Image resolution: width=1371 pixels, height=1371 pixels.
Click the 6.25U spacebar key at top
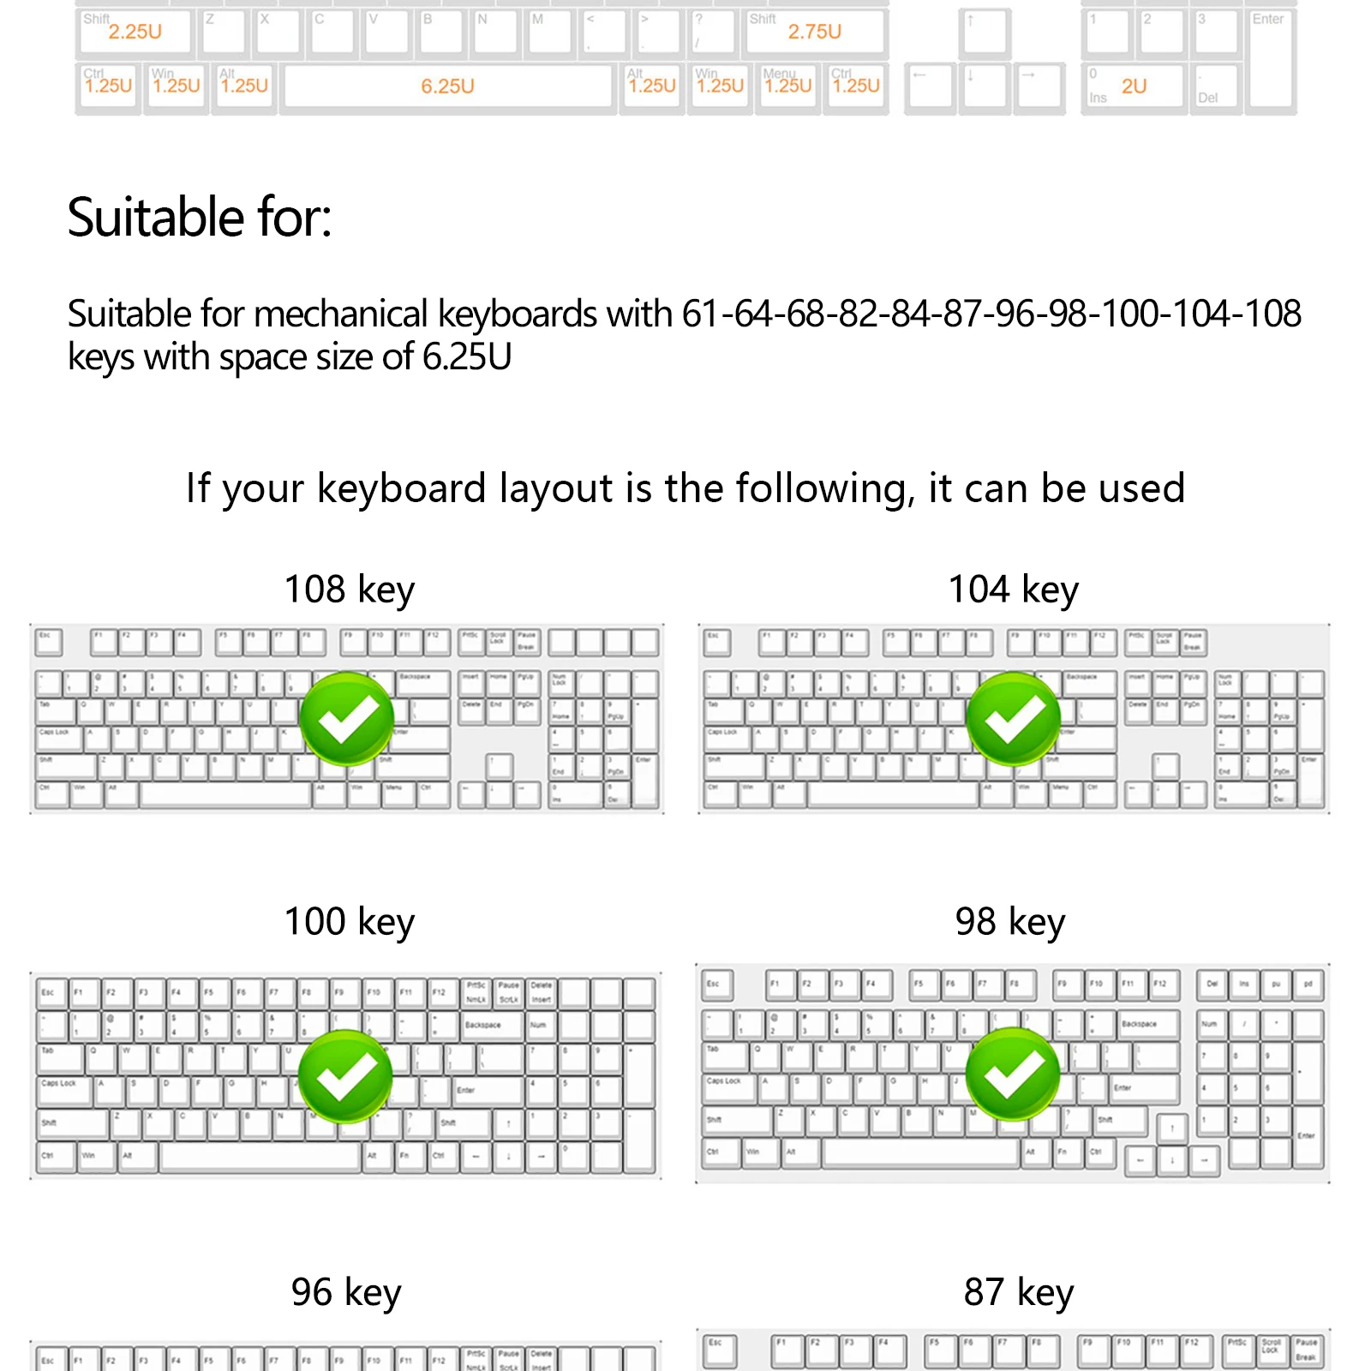[448, 87]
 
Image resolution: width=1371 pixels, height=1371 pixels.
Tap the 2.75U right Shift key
[814, 33]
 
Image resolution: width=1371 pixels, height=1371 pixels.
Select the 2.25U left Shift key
[135, 33]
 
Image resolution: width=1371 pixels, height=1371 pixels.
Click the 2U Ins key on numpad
[1133, 87]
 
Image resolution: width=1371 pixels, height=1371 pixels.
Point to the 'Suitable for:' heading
[199, 218]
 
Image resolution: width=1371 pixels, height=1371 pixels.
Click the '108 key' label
[349, 590]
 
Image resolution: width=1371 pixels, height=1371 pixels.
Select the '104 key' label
[1013, 590]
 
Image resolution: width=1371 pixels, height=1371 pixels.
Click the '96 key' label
[345, 1293]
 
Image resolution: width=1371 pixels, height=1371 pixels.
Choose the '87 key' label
[1018, 1293]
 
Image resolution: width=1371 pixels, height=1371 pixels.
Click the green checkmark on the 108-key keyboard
[347, 718]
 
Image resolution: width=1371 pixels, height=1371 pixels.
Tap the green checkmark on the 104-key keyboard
[1014, 718]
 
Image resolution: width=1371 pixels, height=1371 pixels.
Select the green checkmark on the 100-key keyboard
[345, 1076]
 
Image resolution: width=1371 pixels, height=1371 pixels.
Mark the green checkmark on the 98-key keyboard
[1013, 1074]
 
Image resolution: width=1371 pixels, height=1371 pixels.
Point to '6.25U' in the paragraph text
[467, 357]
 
